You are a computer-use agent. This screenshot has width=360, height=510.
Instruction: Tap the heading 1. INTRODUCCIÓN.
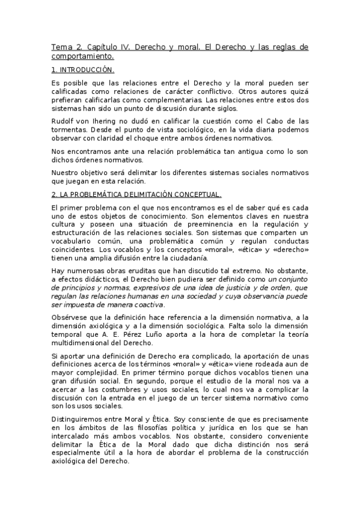click(x=82, y=70)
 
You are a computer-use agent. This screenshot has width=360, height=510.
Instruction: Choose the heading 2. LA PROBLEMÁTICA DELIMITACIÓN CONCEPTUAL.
click(x=136, y=194)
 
